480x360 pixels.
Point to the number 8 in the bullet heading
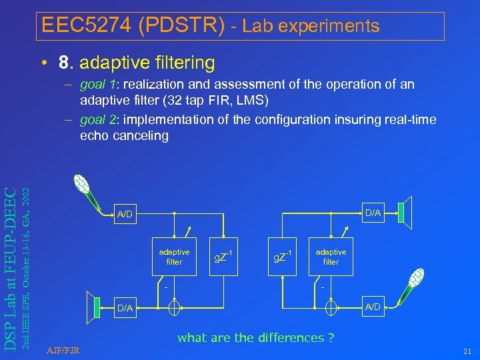coord(65,63)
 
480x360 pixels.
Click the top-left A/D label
coord(125,215)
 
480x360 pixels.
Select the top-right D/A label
coord(373,213)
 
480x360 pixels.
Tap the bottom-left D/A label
coord(125,308)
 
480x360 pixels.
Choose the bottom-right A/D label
coord(372,307)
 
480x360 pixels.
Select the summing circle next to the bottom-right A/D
coord(331,308)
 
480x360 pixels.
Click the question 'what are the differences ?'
coord(255,338)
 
